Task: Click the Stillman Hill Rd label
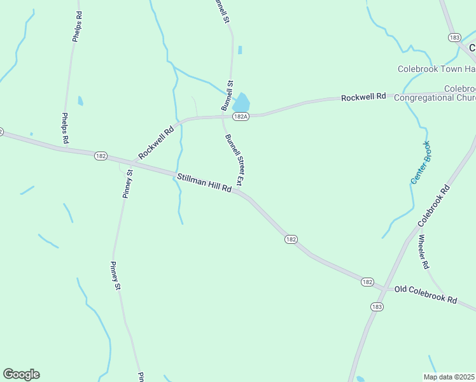coord(204,185)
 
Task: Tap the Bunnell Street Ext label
coord(234,159)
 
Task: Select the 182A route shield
coord(240,117)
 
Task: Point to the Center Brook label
coord(420,163)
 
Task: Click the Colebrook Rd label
coord(434,206)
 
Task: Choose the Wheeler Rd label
coord(424,251)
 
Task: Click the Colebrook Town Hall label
coord(437,69)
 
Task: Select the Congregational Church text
coord(435,98)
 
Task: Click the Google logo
coord(21,374)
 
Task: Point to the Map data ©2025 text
coord(449,377)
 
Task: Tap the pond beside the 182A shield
coord(241,102)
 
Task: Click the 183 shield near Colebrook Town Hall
coord(454,38)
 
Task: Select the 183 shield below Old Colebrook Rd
coord(377,306)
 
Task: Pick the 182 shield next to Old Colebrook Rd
coord(367,281)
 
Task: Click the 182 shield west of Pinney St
coord(101,156)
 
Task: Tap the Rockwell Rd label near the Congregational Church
coord(363,97)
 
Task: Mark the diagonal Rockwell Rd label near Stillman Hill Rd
coord(156,143)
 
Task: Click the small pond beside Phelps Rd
coord(80,101)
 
